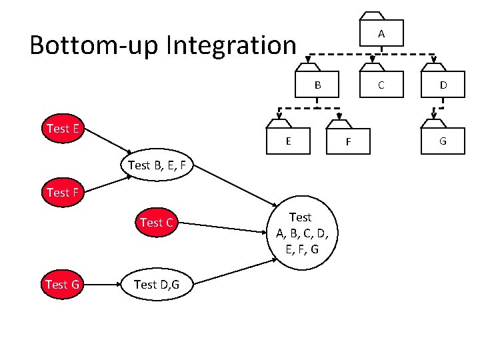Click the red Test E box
tap(63, 129)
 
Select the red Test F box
tap(63, 193)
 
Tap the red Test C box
tap(156, 223)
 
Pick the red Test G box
tap(62, 285)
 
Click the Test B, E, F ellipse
tap(156, 165)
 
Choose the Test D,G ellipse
tap(155, 285)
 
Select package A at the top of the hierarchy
tap(381, 33)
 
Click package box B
tap(318, 85)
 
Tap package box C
tap(381, 85)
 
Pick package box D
tap(443, 85)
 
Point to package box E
tap(287, 141)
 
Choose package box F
tap(348, 141)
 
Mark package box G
tap(443, 141)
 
